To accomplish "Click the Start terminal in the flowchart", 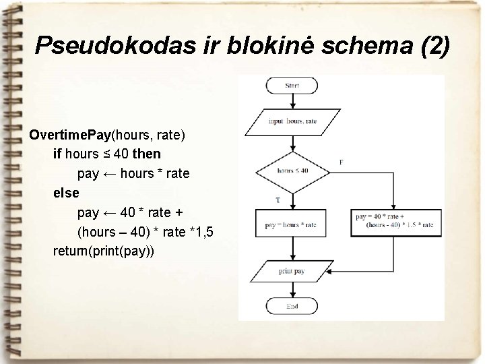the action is click(292, 86).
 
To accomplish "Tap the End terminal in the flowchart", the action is click(292, 307).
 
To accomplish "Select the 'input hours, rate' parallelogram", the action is click(292, 121).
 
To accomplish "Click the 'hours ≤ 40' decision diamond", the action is click(292, 171).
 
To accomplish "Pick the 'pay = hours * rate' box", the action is click(291, 224).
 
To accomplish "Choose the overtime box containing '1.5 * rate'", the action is click(395, 221).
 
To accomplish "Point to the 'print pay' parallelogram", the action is click(292, 271).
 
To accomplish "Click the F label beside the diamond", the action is click(341, 162).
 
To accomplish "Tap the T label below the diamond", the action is click(278, 200).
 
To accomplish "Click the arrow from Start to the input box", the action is click(292, 101).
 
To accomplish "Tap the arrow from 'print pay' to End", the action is click(292, 290).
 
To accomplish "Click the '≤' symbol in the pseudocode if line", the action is click(105, 154).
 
